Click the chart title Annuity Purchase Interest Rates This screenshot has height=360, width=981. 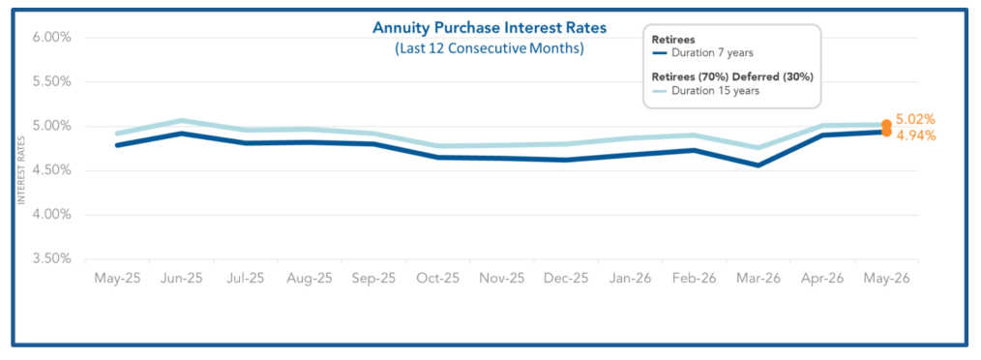490,27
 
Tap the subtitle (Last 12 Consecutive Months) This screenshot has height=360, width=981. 490,48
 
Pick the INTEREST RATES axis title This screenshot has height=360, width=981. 20,170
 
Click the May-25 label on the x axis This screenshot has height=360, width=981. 116,279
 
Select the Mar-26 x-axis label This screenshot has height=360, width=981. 758,279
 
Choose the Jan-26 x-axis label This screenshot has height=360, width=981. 631,279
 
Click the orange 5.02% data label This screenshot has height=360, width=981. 915,120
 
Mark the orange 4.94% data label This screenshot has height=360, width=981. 915,135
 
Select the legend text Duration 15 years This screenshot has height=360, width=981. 715,90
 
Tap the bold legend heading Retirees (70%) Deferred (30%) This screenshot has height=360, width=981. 732,76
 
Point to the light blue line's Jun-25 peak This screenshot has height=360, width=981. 181,121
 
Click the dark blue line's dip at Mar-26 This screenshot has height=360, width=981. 758,165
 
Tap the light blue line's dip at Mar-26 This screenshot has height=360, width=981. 758,148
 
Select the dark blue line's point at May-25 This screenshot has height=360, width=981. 117,145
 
